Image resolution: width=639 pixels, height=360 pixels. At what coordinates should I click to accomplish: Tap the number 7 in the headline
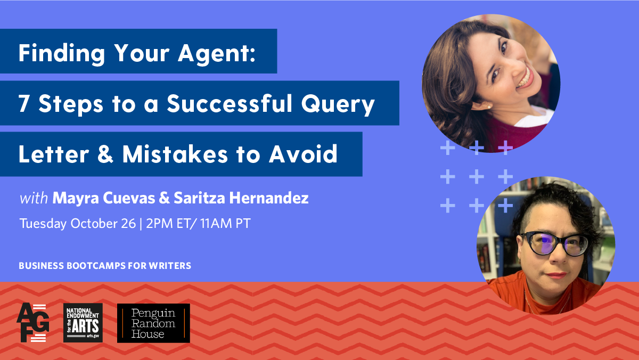pyautogui.click(x=24, y=104)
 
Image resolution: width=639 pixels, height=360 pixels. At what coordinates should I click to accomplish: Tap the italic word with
pyautogui.click(x=34, y=199)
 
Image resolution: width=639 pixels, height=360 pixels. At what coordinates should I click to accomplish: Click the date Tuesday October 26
pyautogui.click(x=77, y=224)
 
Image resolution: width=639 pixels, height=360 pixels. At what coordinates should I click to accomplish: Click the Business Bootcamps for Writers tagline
pyautogui.click(x=105, y=265)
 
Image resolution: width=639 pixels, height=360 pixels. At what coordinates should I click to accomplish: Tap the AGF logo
pyautogui.click(x=32, y=323)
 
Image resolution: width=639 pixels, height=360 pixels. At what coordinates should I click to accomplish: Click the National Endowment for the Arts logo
pyautogui.click(x=83, y=323)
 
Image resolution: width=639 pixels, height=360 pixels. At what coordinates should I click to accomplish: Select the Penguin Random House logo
pyautogui.click(x=153, y=323)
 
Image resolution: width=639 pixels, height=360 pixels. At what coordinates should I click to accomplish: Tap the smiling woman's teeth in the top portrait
pyautogui.click(x=524, y=80)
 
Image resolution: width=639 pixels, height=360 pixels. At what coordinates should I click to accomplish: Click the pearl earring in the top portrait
pyautogui.click(x=489, y=106)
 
